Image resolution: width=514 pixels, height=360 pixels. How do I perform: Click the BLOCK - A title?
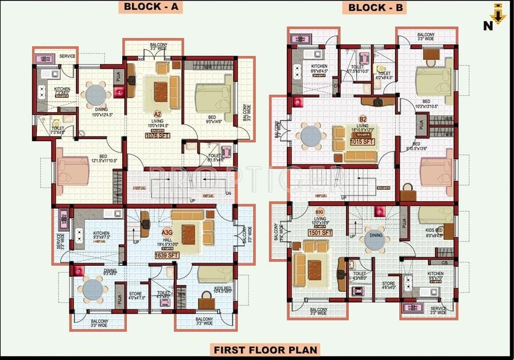tap(151, 7)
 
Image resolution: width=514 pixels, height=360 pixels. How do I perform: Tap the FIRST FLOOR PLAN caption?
tap(265, 349)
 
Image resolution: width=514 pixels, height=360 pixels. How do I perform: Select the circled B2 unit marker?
tap(363, 119)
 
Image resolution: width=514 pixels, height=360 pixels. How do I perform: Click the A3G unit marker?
tap(167, 232)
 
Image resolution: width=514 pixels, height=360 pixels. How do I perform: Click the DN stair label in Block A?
tap(228, 193)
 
